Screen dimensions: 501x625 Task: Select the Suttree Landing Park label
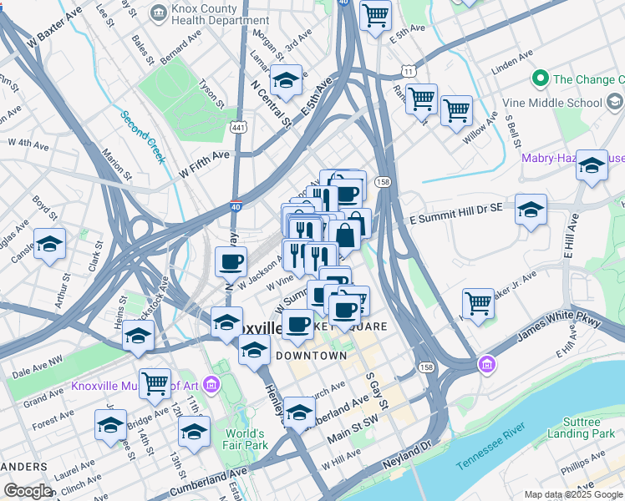tap(581, 428)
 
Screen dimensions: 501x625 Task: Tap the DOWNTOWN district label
tap(311, 356)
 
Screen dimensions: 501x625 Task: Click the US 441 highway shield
tap(238, 127)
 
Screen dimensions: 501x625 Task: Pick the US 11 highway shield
tap(408, 72)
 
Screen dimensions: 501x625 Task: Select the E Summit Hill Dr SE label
tap(455, 218)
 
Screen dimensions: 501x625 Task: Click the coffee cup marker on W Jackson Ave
tap(231, 261)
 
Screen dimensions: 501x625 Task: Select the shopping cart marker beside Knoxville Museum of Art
tap(155, 383)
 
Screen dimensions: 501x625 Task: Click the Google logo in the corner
tap(28, 491)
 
